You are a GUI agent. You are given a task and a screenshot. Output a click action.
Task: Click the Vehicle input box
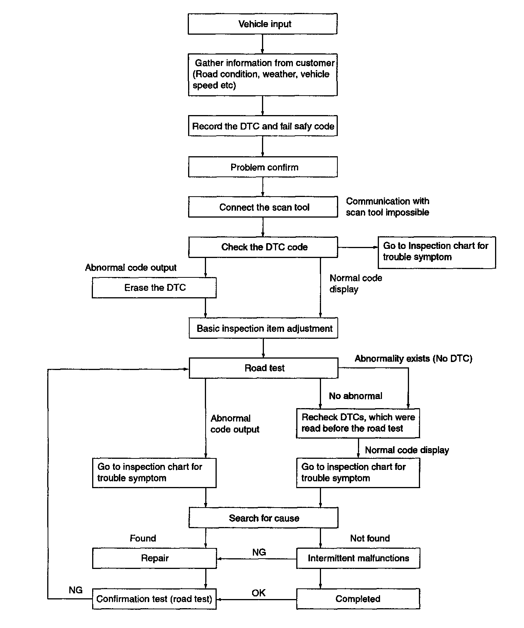[262, 24]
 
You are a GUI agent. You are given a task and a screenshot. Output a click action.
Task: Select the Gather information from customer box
[263, 75]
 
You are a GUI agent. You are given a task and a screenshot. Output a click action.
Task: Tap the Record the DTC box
[263, 126]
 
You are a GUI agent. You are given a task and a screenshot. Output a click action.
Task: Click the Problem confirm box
[263, 167]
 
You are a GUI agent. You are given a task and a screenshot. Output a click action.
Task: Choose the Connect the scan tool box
[263, 207]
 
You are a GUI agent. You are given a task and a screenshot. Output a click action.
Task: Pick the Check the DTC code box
[263, 247]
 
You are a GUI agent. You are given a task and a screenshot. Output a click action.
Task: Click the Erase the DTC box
[154, 288]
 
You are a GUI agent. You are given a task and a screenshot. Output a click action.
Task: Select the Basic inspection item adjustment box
[264, 328]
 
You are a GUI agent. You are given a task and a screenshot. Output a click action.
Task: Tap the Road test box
[264, 368]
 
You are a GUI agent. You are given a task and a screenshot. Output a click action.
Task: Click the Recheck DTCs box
[358, 423]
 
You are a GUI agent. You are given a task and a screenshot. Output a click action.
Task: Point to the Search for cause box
[263, 518]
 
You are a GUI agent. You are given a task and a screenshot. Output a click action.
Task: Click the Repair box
[154, 558]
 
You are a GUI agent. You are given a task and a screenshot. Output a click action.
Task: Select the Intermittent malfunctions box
[358, 558]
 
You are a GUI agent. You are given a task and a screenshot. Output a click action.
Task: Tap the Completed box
[358, 599]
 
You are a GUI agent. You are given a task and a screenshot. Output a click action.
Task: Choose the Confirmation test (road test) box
[154, 599]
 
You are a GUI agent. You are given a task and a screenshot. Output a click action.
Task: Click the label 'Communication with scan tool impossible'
[387, 207]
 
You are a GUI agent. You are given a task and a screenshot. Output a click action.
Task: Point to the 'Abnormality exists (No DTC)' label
[414, 358]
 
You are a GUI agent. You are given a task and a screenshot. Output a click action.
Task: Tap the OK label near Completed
[259, 593]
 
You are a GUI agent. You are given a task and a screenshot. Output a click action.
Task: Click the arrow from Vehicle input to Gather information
[262, 44]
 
